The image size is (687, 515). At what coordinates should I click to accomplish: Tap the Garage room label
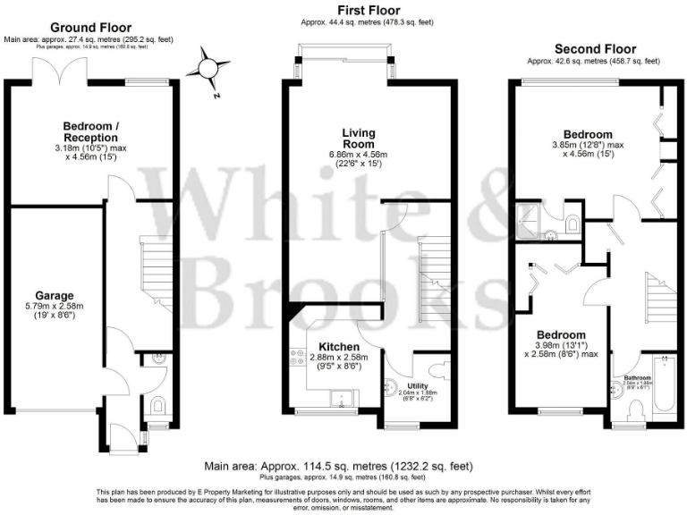point(54,295)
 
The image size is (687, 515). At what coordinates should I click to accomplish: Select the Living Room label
point(359,139)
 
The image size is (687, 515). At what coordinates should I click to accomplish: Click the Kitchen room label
point(340,346)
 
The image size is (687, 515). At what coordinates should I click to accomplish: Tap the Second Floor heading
point(595,49)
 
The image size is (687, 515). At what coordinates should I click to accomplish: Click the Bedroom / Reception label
point(90,131)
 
